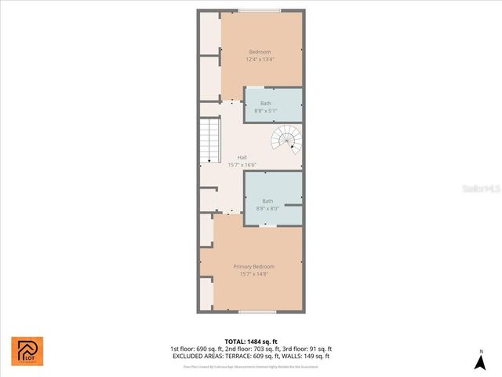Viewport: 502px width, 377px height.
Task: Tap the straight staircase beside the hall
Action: pos(209,141)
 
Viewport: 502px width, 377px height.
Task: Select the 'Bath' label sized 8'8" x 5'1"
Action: pos(266,104)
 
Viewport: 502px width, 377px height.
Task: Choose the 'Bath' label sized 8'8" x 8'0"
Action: pos(267,200)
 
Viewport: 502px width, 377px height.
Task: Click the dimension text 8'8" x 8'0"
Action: pos(267,208)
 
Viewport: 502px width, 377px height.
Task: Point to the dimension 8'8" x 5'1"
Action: pos(266,111)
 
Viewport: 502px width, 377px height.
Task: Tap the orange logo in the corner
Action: pos(27,350)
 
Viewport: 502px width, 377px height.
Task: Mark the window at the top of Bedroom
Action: pos(260,10)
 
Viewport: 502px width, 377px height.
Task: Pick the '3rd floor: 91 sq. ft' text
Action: pos(309,349)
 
